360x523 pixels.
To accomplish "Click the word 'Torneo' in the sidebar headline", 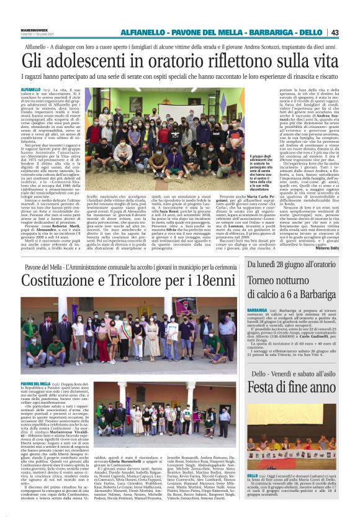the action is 265,281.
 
